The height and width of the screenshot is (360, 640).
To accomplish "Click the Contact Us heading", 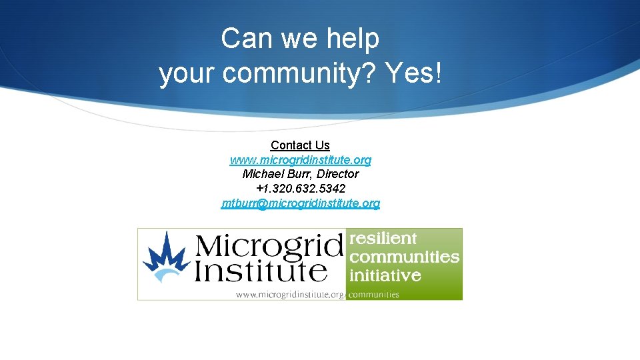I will (300, 145).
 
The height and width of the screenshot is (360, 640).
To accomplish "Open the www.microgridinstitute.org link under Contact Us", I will (300, 160).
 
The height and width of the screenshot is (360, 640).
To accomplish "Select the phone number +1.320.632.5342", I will (300, 189).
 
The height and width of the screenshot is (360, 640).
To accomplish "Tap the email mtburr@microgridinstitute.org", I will (300, 203).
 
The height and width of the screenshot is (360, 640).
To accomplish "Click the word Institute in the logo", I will (261, 271).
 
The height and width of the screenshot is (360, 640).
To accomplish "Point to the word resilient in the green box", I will (383, 239).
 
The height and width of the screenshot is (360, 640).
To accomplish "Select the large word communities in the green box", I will (404, 257).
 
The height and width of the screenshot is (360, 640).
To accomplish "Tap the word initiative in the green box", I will (385, 275).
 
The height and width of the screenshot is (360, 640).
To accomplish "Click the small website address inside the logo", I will (291, 295).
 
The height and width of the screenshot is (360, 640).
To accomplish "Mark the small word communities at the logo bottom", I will (374, 294).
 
